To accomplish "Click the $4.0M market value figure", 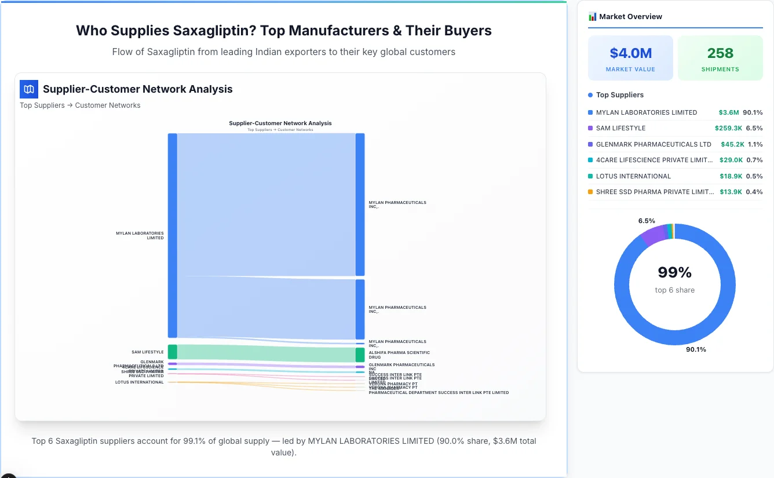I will click(x=630, y=53).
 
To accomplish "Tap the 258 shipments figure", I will click(x=720, y=53).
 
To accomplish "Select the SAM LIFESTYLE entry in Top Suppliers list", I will click(x=620, y=128).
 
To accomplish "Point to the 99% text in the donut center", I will click(x=674, y=272).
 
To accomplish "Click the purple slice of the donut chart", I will click(x=653, y=235).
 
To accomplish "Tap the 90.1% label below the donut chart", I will click(x=696, y=349).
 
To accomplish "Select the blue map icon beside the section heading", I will click(x=29, y=89).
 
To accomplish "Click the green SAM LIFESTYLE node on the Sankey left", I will click(x=173, y=352).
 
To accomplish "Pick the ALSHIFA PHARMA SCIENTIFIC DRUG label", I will click(x=399, y=355).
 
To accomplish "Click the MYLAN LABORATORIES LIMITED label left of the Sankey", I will click(x=140, y=235).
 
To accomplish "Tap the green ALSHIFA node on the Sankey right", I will click(x=360, y=355).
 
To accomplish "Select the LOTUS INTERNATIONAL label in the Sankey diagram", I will click(x=139, y=382).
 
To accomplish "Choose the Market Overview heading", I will click(x=630, y=17).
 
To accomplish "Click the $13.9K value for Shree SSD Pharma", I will click(x=730, y=192).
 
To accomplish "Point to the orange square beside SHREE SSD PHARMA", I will click(x=590, y=192).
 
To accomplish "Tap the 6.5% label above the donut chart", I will click(x=647, y=221).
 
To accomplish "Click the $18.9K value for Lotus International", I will click(x=731, y=176).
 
